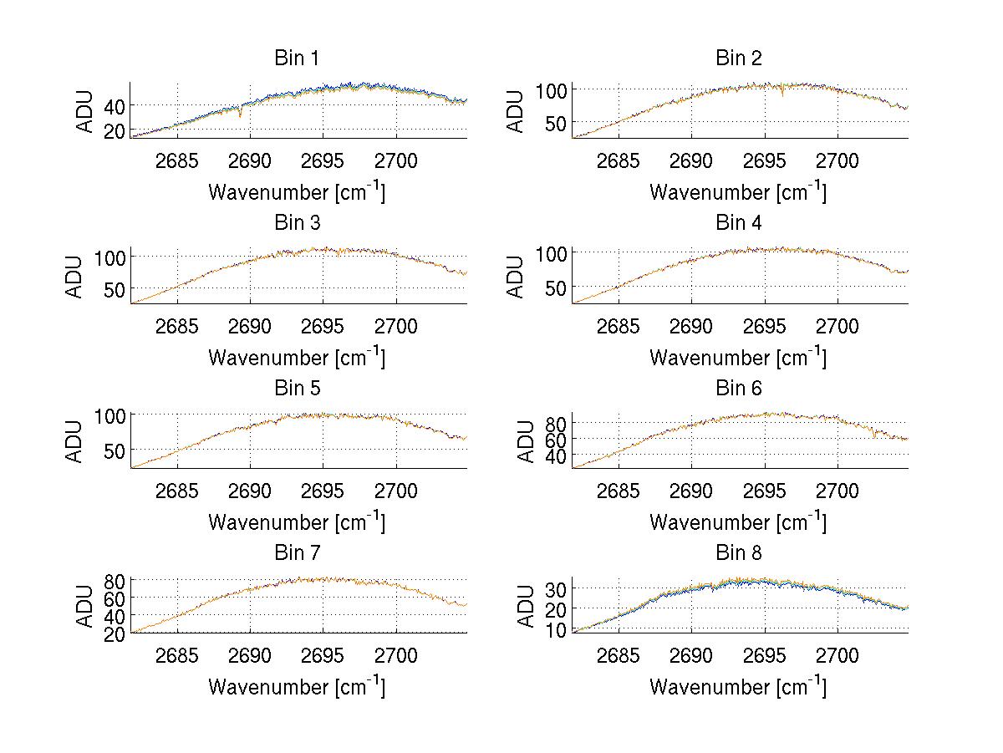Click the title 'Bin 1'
pyautogui.click(x=297, y=59)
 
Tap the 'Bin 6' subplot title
pyautogui.click(x=739, y=389)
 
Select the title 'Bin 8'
pyautogui.click(x=739, y=553)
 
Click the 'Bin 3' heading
pyautogui.click(x=297, y=223)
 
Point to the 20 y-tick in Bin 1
pyautogui.click(x=114, y=130)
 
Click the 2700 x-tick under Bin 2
pyautogui.click(x=837, y=161)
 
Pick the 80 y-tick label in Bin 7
pyautogui.click(x=114, y=580)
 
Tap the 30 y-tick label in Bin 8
pyautogui.click(x=555, y=588)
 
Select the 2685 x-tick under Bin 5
pyautogui.click(x=177, y=491)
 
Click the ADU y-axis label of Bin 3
pyautogui.click(x=75, y=277)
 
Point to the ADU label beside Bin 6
pyautogui.click(x=517, y=441)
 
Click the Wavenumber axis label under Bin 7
pyautogui.click(x=297, y=686)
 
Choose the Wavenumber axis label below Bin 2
pyautogui.click(x=738, y=191)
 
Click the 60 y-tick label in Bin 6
pyautogui.click(x=555, y=439)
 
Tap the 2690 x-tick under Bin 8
pyautogui.click(x=691, y=656)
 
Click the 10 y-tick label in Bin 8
pyautogui.click(x=555, y=629)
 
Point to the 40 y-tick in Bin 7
pyautogui.click(x=114, y=616)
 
